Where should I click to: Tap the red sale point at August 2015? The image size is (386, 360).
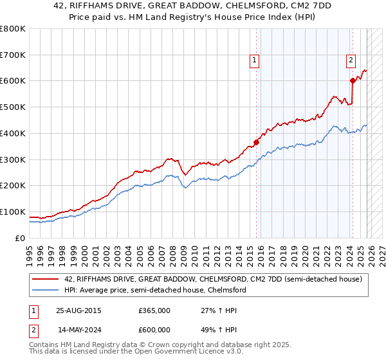click(256, 142)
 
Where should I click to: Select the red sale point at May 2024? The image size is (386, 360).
click(353, 80)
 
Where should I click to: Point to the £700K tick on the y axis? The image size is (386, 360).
click(13, 55)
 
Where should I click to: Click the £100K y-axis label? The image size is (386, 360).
click(13, 212)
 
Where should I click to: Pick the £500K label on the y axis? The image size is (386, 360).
click(13, 107)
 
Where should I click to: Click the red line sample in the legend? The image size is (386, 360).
click(46, 279)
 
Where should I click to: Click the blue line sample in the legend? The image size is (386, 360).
click(46, 290)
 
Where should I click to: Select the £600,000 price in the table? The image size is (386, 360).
click(154, 330)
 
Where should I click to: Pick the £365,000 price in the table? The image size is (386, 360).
click(154, 310)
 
